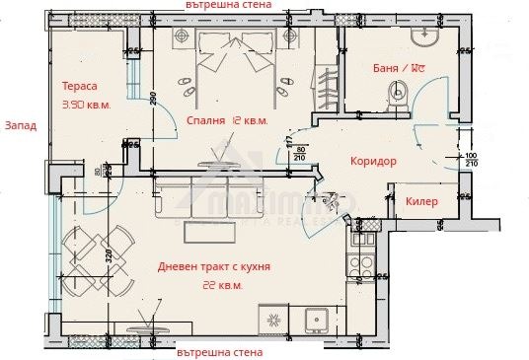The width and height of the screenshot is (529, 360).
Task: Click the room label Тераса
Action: pos(79,86)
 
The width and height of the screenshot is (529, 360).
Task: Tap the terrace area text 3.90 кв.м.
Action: pos(86,104)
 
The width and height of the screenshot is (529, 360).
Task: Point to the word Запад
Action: pos(21,126)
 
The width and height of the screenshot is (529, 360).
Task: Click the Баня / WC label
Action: pos(399,68)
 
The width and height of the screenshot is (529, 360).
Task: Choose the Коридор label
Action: pos(373,161)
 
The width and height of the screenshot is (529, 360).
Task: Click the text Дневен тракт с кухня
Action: pos(214,267)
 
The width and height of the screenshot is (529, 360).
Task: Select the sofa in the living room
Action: pos(211,202)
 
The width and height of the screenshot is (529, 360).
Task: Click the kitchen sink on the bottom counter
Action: pos(317,322)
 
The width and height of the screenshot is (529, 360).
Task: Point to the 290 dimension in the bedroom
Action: pos(153,99)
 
